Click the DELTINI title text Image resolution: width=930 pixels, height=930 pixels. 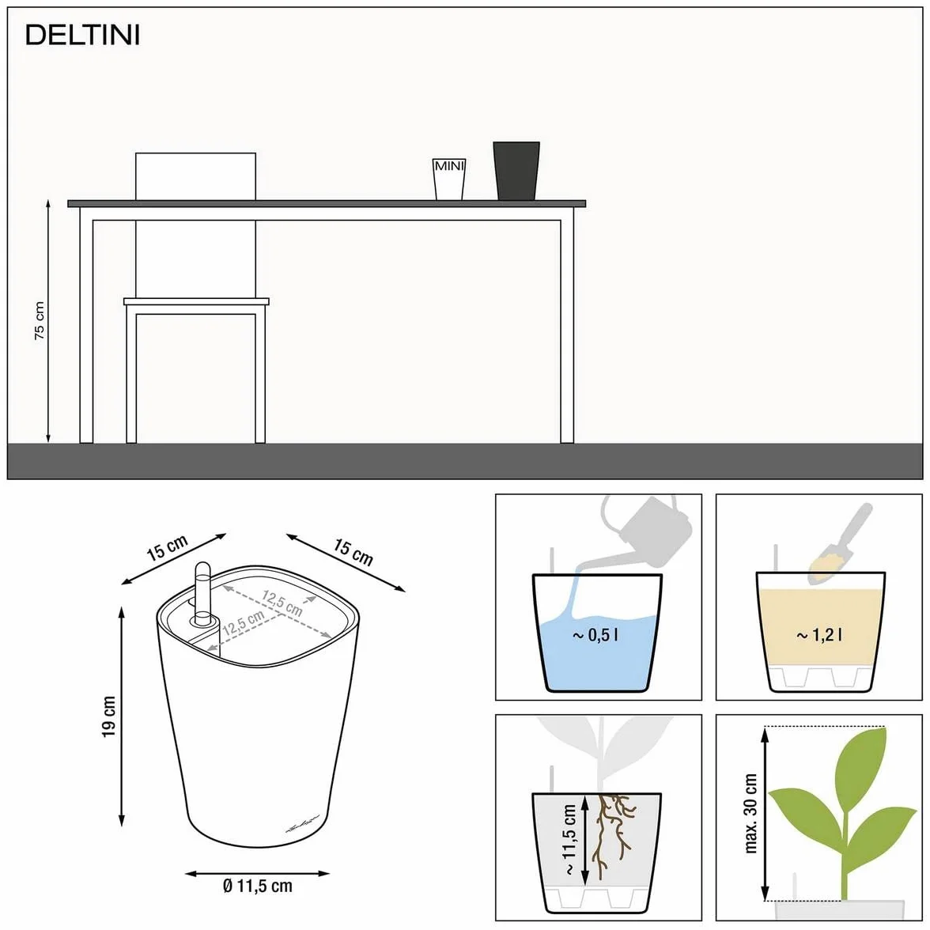[82, 36]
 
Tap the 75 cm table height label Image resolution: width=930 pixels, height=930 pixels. [40, 321]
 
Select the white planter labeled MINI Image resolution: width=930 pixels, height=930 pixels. [449, 179]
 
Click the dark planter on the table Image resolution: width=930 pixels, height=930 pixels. [516, 171]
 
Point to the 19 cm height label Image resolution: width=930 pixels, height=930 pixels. [108, 716]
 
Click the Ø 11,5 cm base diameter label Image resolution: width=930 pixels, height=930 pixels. [258, 886]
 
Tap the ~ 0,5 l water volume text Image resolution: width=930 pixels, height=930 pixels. [595, 635]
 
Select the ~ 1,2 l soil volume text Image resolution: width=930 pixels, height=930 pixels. [819, 635]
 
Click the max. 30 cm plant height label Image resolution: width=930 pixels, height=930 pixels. [750, 813]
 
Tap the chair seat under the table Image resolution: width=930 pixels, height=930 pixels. [196, 302]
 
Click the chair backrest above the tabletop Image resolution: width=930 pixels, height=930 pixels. [196, 177]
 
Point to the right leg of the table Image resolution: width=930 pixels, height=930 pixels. [567, 325]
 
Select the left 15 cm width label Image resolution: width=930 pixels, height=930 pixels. [168, 547]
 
